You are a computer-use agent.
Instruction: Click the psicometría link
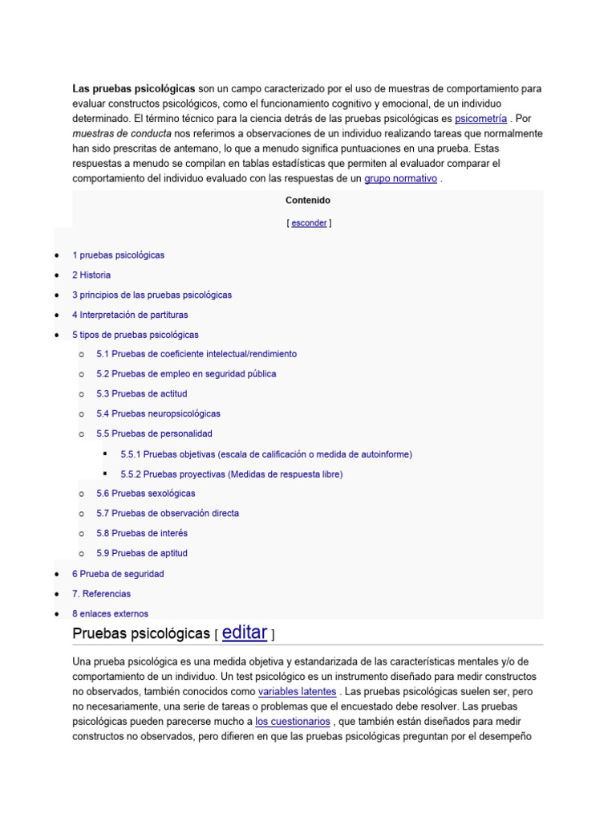point(480,118)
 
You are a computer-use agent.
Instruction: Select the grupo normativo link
point(400,178)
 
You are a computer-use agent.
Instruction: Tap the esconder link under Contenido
point(309,223)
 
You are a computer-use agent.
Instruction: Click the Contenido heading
point(308,201)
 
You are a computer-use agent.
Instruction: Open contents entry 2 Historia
point(91,275)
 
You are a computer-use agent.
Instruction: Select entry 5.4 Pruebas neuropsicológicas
point(158,413)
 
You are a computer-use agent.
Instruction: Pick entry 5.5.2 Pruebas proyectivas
point(231,474)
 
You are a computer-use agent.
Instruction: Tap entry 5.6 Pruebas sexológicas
point(145,493)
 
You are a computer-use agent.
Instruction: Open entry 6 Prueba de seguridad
point(118,574)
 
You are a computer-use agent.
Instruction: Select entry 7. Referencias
point(101,594)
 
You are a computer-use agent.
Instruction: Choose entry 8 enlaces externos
point(110,614)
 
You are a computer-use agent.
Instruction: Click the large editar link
point(245,633)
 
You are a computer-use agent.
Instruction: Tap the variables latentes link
point(298,691)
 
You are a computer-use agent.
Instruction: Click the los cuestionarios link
point(293,722)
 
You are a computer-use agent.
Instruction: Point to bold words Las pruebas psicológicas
point(134,87)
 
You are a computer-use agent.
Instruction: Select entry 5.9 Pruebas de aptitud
point(143,553)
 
